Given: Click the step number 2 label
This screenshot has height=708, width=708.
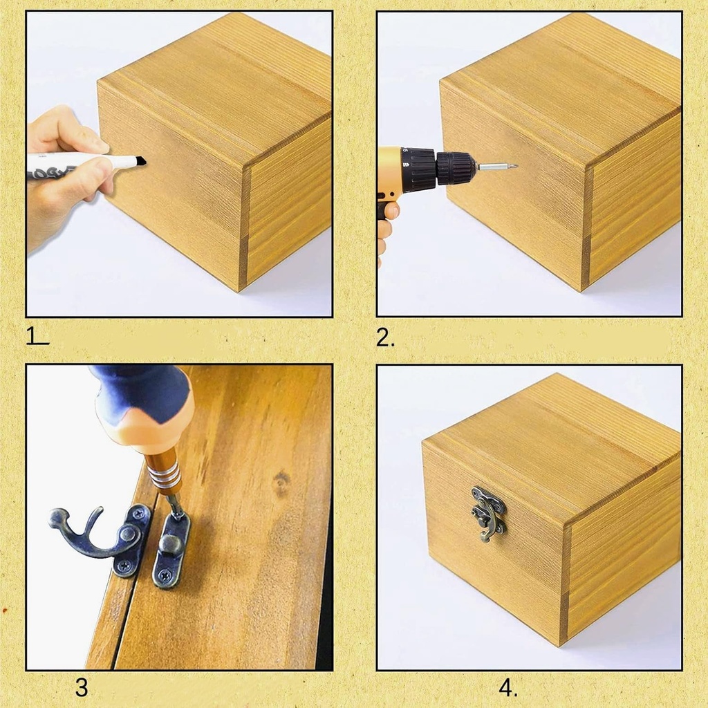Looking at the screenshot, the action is (x=385, y=337).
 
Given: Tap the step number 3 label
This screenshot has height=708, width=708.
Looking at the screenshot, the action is (x=82, y=688).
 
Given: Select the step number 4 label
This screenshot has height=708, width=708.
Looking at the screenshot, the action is (x=507, y=688).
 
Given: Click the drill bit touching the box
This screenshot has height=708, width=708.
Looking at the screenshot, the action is (x=496, y=166).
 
